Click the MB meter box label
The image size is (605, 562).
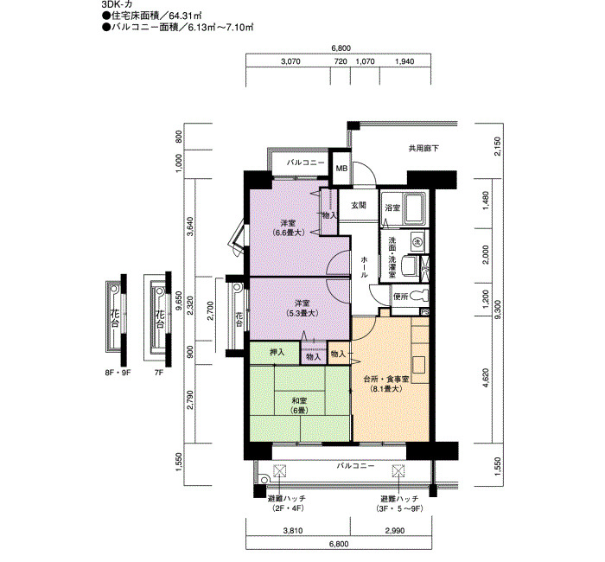tap(341, 169)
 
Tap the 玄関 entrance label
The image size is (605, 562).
tap(359, 206)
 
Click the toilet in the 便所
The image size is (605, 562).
tap(419, 296)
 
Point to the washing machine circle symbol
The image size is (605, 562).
tap(417, 241)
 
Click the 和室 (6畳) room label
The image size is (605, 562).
tap(299, 406)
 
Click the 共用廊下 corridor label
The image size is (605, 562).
tap(423, 148)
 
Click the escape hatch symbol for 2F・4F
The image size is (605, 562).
tap(279, 471)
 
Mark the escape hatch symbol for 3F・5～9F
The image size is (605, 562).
tap(398, 471)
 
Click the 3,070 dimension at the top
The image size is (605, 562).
tap(290, 61)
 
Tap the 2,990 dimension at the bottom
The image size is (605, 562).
tap(395, 531)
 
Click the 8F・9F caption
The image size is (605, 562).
tap(118, 374)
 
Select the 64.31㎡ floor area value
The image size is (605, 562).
tap(187, 16)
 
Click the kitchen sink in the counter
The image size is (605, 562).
tap(419, 365)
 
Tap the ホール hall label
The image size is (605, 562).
tap(364, 266)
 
